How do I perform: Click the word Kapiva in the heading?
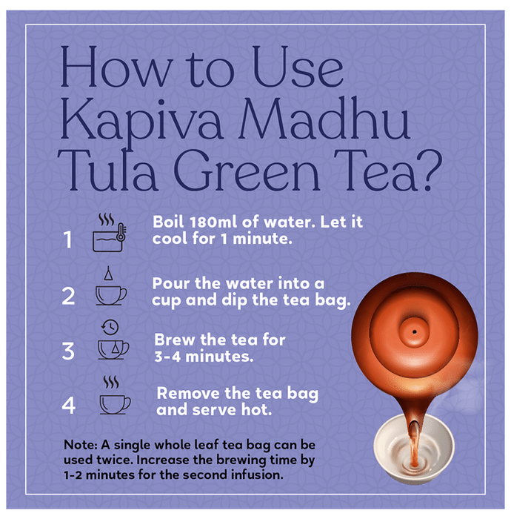141,121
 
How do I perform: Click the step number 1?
67,239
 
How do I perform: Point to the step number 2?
68,296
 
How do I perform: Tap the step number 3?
68,351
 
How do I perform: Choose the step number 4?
69,405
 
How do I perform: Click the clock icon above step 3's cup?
110,328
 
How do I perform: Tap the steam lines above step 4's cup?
111,382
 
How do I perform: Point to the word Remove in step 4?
188,393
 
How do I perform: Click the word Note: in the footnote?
80,445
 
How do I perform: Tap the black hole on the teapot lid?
415,331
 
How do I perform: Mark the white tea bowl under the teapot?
414,449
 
